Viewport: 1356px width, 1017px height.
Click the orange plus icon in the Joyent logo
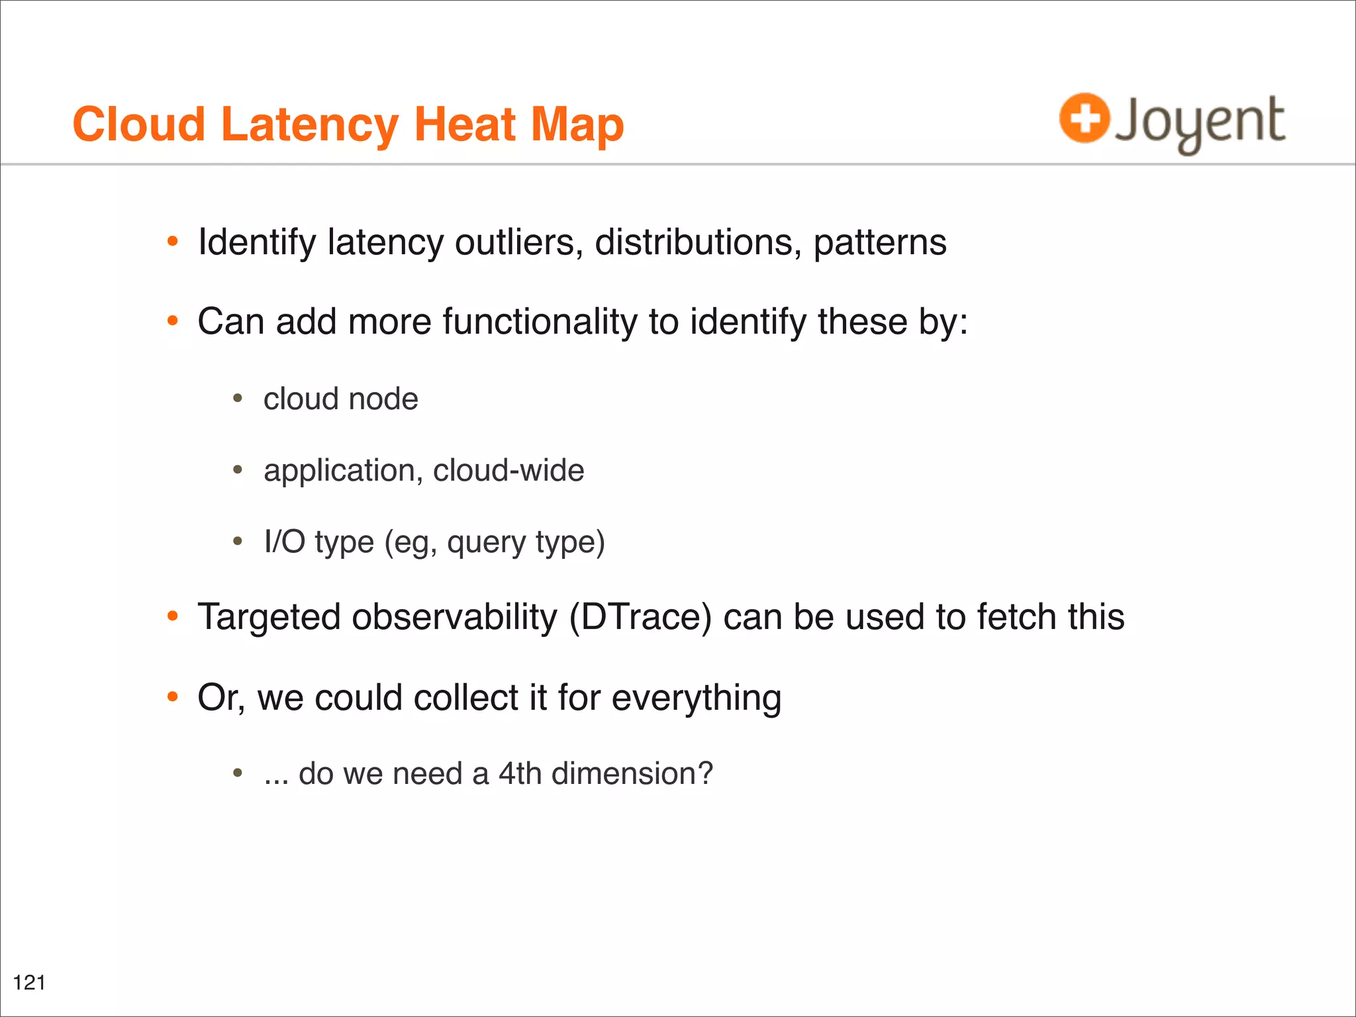coord(1084,118)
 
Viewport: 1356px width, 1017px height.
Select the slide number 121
coord(29,983)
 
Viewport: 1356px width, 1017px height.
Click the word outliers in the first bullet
coord(518,242)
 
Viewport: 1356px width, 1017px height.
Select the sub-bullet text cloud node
coord(340,399)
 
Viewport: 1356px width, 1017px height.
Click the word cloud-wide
coord(508,470)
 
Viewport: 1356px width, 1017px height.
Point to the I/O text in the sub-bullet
coord(284,542)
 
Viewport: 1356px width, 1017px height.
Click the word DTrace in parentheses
coord(640,617)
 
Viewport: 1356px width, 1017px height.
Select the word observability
coord(454,618)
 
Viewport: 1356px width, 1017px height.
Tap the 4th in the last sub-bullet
coord(520,773)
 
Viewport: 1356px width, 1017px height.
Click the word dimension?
coord(632,773)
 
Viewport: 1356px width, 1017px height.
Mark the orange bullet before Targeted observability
coord(173,616)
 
